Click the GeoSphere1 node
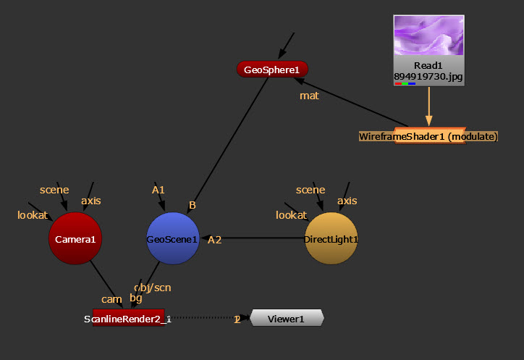[272, 70]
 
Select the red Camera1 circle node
[73, 238]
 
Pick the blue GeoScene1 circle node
[172, 238]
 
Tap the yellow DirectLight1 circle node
[331, 238]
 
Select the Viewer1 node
[287, 318]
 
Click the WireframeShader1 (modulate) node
[428, 136]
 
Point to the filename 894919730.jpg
[428, 75]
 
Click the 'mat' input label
[309, 96]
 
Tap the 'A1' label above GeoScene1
[159, 190]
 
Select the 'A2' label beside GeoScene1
[214, 240]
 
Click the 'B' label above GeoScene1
[193, 206]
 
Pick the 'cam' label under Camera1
[111, 298]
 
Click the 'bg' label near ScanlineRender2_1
[136, 298]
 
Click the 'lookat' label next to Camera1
[32, 215]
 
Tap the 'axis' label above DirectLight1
[347, 201]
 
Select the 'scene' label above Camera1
[54, 190]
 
